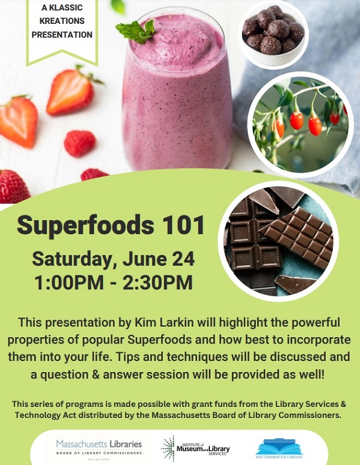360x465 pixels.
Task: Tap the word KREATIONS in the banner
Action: coord(62,21)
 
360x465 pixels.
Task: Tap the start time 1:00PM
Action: coord(69,282)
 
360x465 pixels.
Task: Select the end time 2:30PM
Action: coord(158,282)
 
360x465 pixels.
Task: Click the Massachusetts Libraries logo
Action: coord(99,448)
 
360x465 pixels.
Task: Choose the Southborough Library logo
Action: coord(279,448)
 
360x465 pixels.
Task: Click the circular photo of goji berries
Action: coord(300,124)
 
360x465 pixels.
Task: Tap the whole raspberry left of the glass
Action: coord(80,144)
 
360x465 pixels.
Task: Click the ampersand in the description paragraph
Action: coord(95,374)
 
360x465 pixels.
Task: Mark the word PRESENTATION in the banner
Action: coord(62,35)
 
